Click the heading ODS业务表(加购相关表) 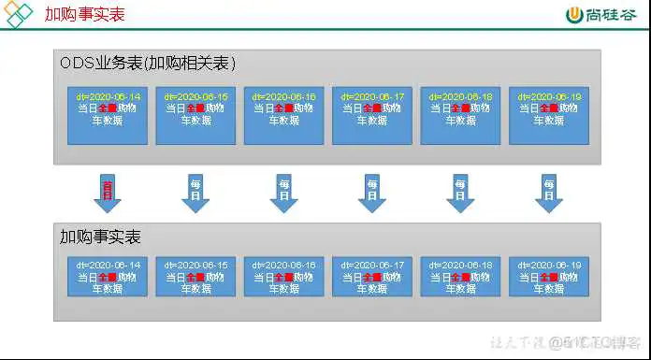point(148,64)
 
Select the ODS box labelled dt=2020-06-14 point(108,115)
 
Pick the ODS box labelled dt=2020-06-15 point(195,115)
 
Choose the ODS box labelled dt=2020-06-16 point(284,115)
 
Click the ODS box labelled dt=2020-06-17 point(372,115)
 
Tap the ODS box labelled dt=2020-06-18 point(460,115)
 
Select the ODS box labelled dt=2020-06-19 point(549,115)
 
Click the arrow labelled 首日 point(108,193)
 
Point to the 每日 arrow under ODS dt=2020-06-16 point(284,193)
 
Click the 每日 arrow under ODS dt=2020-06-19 point(549,193)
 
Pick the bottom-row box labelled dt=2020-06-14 point(108,277)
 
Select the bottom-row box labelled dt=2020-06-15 point(195,277)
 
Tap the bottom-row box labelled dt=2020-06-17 point(372,277)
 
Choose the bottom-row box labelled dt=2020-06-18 point(460,277)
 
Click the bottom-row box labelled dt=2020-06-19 point(549,277)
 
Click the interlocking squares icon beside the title point(20,15)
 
